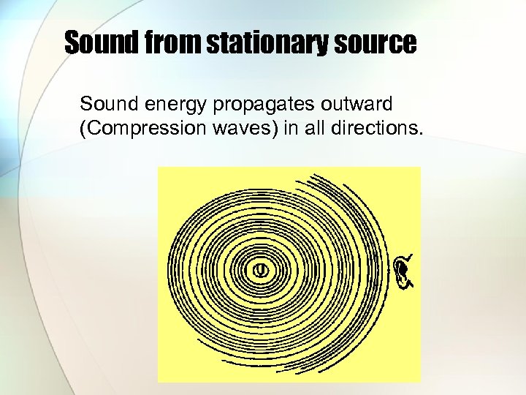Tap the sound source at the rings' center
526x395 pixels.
click(260, 270)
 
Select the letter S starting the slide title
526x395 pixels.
click(72, 42)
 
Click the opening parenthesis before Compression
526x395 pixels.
click(79, 129)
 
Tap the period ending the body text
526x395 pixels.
click(421, 133)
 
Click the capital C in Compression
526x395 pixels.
click(89, 129)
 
